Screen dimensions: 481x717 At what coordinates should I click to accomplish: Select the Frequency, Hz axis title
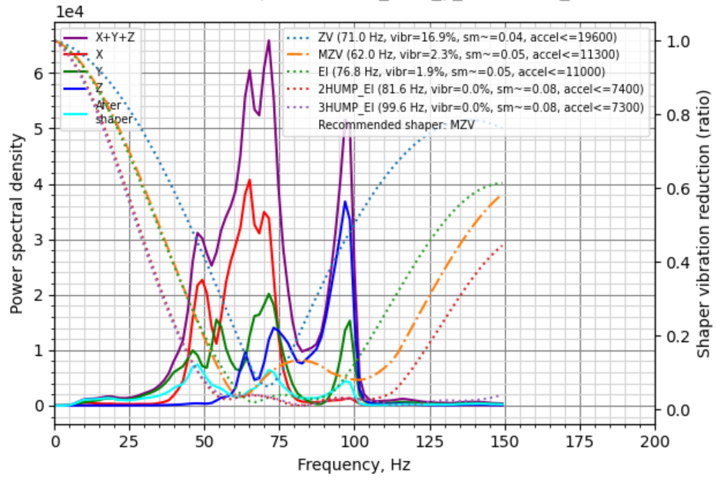[x=354, y=465]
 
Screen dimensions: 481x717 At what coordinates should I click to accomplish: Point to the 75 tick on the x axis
[x=279, y=442]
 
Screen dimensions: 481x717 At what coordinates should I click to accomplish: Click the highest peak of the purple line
[x=269, y=41]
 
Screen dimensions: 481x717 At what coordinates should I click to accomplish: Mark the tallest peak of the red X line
[x=250, y=180]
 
